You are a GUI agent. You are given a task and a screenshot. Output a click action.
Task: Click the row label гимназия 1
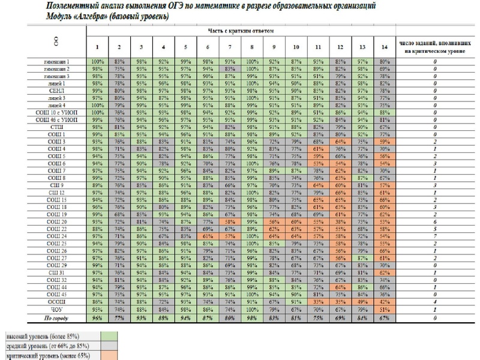56,61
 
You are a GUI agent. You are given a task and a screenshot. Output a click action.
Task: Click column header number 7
229,47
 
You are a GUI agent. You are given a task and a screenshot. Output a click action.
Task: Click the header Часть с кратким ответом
239,29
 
